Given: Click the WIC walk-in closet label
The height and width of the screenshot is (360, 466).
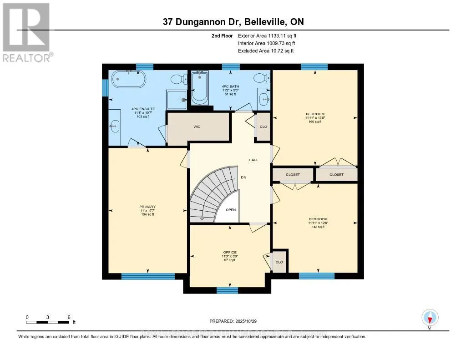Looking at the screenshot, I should click(197, 126).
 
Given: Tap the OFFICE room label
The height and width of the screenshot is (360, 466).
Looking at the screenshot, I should click(230, 252).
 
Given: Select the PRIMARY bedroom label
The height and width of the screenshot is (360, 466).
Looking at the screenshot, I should click(147, 207).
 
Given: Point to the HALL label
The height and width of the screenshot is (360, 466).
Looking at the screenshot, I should click(253, 160).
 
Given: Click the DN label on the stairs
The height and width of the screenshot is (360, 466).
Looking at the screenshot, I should click(243, 177).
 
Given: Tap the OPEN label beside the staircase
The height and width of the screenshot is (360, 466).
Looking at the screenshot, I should click(231, 210).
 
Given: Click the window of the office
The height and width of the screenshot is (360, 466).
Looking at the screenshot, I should click(227, 290).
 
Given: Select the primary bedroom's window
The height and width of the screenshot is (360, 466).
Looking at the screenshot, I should click(148, 276).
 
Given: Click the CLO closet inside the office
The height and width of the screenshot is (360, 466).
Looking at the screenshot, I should click(279, 262).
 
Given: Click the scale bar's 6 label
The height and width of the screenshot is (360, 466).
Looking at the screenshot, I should click(68, 317).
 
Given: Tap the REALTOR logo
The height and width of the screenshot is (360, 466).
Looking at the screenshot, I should click(27, 32).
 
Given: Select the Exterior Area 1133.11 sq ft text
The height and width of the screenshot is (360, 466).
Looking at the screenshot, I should click(267, 35).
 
